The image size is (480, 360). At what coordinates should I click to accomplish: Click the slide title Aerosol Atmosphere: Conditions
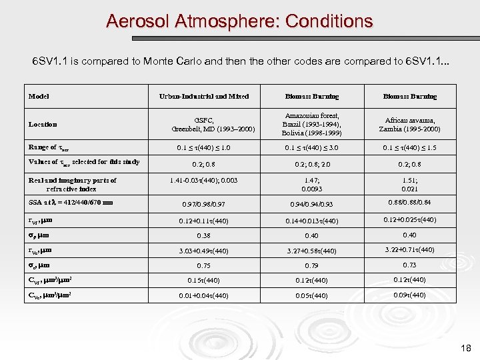239,21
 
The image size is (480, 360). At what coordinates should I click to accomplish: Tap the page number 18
465,347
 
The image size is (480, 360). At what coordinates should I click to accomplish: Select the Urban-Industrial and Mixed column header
203,97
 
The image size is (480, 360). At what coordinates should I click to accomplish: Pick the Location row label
43,124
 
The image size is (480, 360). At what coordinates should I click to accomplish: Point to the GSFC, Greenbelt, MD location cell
203,124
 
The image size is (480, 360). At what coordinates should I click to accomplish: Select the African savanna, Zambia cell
409,124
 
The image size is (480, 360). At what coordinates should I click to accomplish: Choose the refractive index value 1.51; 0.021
409,185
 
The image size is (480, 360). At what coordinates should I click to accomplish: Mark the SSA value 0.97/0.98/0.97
203,203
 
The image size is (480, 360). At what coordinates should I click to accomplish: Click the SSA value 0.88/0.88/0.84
409,203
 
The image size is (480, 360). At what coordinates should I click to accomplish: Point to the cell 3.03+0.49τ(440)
203,251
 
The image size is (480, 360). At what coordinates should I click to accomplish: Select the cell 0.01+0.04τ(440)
203,295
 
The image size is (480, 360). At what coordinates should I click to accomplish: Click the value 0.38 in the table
203,235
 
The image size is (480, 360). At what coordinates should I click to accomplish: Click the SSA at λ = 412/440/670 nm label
71,203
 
